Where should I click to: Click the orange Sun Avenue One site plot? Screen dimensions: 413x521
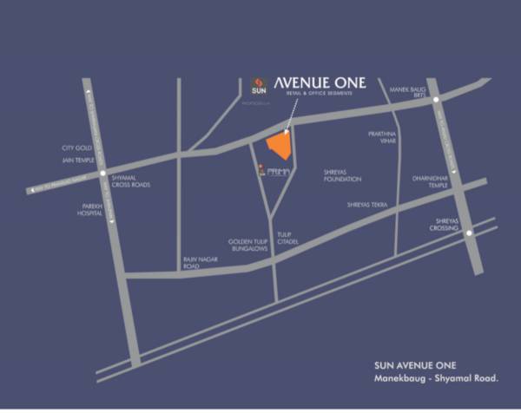279,146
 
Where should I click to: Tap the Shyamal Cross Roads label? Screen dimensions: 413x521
130,180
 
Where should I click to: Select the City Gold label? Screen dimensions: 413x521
76,148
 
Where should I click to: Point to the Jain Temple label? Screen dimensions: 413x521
76,160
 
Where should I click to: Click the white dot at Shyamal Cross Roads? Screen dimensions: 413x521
103,174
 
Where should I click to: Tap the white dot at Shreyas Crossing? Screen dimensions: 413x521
469,233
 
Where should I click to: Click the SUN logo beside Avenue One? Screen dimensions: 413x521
258,84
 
